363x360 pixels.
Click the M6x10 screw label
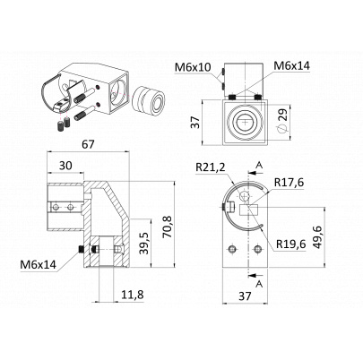click(x=193, y=67)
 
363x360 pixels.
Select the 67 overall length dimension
click(x=88, y=144)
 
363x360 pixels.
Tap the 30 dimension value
click(x=65, y=165)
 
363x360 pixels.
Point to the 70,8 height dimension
click(x=168, y=227)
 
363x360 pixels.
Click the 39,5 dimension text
click(x=144, y=244)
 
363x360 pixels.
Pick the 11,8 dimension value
click(x=133, y=295)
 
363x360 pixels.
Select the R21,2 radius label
click(x=211, y=167)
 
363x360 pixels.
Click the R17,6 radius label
click(x=289, y=182)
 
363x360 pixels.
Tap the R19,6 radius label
click(x=290, y=244)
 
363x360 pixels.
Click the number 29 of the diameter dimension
click(x=283, y=115)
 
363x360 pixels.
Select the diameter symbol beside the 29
click(x=282, y=129)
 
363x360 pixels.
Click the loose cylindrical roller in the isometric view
click(x=149, y=99)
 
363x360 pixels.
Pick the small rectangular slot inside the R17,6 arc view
click(x=249, y=210)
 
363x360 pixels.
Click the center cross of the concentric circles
click(x=246, y=122)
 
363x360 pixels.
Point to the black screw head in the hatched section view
click(x=80, y=250)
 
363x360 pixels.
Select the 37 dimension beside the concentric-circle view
click(x=195, y=123)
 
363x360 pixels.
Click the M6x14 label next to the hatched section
click(x=39, y=265)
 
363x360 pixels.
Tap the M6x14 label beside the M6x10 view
click(x=291, y=65)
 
